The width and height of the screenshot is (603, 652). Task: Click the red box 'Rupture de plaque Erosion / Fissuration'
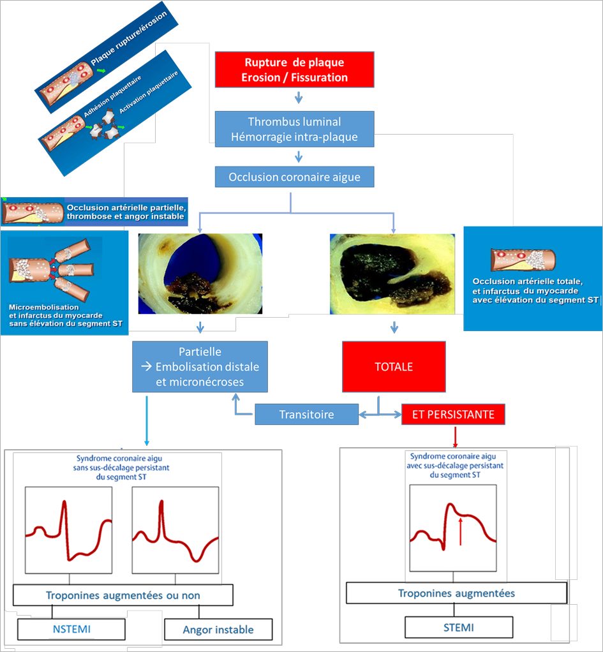(294, 70)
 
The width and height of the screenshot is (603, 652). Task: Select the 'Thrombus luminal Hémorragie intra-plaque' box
(294, 129)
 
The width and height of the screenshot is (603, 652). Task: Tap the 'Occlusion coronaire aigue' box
(294, 177)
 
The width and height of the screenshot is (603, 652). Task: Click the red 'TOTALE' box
(394, 367)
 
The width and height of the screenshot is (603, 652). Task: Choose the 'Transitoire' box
(306, 414)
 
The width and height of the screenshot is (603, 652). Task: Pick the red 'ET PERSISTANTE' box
(453, 414)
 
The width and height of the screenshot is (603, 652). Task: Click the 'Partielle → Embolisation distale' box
(200, 367)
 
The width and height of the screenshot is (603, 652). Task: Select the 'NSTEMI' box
(71, 629)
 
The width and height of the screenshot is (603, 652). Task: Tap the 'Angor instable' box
(218, 630)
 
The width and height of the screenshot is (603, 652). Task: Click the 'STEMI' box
(459, 627)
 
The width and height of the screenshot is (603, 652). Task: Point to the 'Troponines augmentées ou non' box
(123, 595)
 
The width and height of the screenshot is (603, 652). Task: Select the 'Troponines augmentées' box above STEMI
(457, 593)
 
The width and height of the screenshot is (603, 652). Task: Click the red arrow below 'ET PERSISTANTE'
(455, 436)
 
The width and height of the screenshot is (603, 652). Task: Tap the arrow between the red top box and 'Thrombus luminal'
(299, 98)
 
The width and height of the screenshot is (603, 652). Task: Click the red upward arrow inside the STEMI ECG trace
(460, 531)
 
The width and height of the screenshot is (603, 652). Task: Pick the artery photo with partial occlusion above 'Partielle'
(200, 274)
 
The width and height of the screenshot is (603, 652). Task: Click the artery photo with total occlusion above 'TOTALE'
(392, 274)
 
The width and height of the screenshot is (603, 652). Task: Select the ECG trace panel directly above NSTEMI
(69, 530)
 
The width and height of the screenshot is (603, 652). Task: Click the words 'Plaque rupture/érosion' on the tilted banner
(129, 38)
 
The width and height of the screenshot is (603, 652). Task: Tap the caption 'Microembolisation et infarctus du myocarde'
(56, 311)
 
